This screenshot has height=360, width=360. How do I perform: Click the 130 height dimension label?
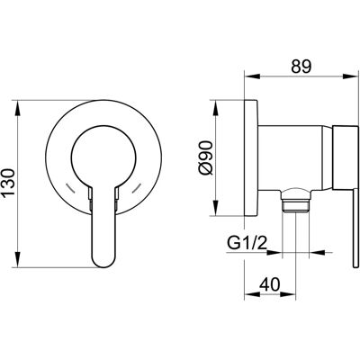(x=8, y=183)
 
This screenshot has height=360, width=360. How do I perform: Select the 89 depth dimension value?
(x=301, y=66)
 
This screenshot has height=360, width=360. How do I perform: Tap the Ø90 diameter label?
(x=206, y=158)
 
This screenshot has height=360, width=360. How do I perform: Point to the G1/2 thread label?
(x=247, y=243)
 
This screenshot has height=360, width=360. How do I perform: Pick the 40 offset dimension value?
(x=269, y=284)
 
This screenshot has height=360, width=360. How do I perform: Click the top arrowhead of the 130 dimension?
(x=18, y=107)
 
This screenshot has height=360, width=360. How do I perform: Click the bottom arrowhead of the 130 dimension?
(x=18, y=260)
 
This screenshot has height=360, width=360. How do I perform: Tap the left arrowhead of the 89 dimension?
(x=252, y=76)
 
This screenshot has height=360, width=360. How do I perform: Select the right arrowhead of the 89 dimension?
(x=351, y=76)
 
